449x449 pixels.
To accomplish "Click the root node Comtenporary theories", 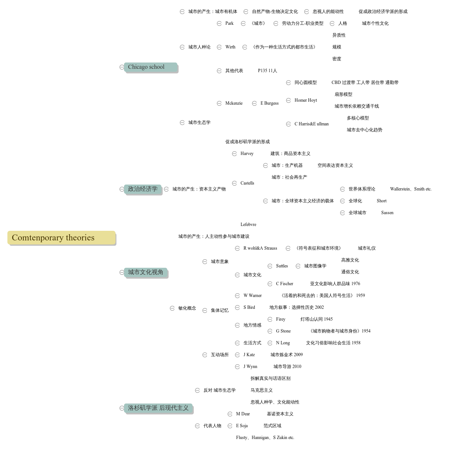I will coord(61,238).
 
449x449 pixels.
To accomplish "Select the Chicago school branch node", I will coord(150,67).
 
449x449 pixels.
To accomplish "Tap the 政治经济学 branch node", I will coord(143,189).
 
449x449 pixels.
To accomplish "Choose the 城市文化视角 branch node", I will coord(145,272).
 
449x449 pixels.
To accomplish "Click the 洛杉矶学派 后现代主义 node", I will coord(158,408).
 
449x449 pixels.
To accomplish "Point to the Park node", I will coord(229,23).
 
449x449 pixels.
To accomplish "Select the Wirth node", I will coord(230,47).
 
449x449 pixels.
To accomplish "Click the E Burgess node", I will coord(269,103).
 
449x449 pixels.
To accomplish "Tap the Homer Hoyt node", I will coord(306,100).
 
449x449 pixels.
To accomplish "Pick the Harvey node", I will coord(247,153).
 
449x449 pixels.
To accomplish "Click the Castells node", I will coord(247,183).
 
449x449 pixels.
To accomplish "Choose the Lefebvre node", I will coord(248,224).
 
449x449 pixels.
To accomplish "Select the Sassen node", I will coord(387,213).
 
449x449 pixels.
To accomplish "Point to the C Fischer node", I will coord(284,284).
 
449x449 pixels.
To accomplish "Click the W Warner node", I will coord(252,296).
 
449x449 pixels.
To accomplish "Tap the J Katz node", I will coord(249,355).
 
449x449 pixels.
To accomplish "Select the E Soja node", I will coord(242,426).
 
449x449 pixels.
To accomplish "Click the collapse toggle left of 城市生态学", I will coord(182,122).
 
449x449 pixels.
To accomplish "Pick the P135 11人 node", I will coord(268,71).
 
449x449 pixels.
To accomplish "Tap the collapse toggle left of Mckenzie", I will coord(219,103).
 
